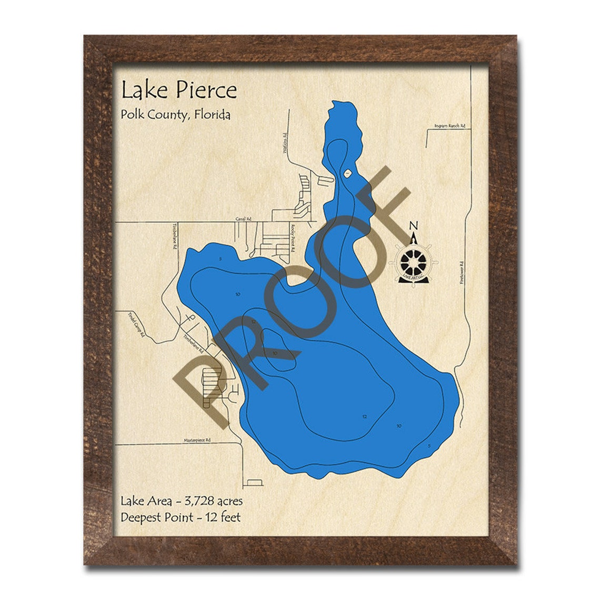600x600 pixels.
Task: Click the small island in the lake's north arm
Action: [x=347, y=173]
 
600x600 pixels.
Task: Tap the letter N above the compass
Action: [x=414, y=226]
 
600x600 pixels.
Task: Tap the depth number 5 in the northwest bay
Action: [x=221, y=259]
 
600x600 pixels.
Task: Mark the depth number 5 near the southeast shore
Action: [x=429, y=446]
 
